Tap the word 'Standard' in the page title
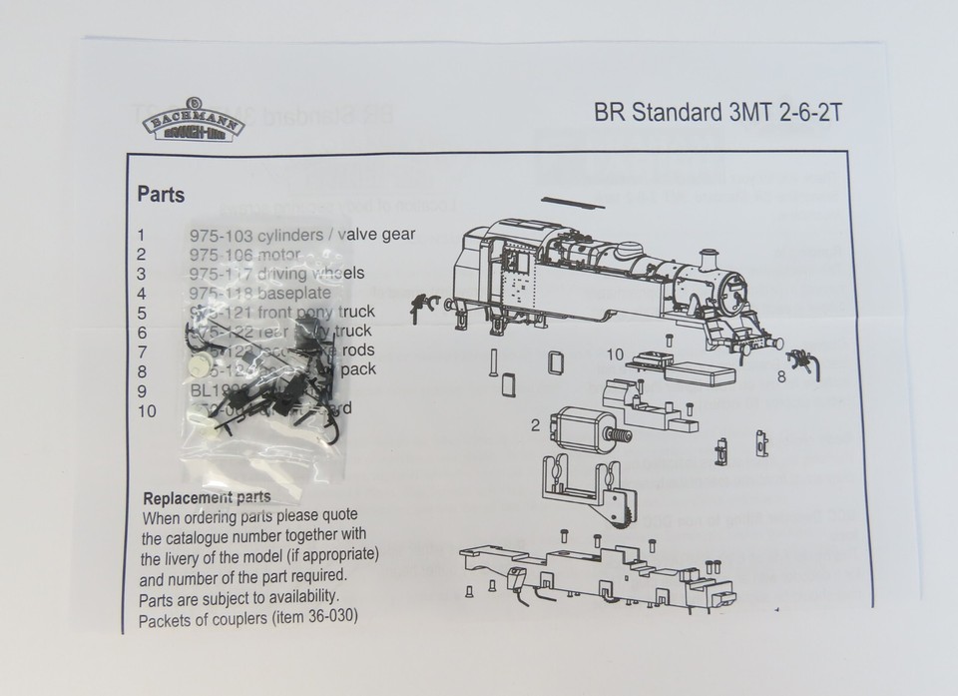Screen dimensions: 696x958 669,112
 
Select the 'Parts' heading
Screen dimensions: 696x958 161,194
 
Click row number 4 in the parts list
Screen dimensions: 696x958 142,292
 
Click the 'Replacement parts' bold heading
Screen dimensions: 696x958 207,497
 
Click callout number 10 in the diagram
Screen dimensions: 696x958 615,353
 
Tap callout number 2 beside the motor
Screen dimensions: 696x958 535,424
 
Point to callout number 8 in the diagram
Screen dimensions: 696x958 781,376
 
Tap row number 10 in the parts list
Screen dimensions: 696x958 147,408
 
